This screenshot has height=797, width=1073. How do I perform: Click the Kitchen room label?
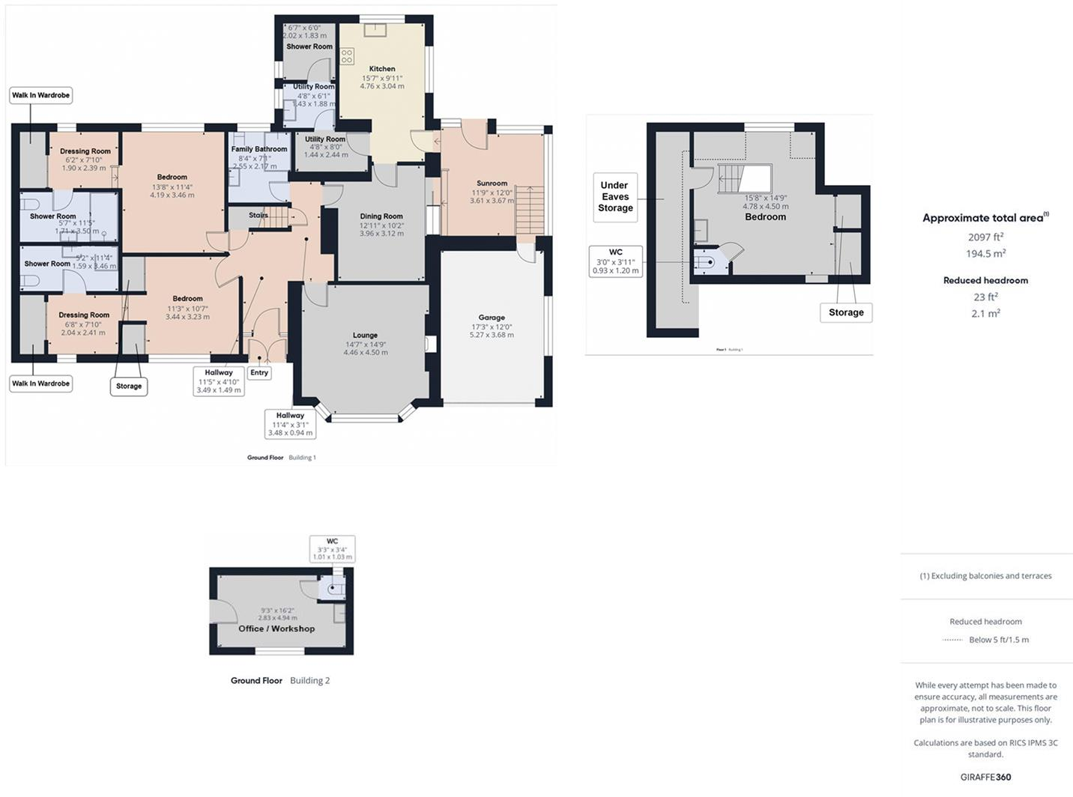tap(382, 69)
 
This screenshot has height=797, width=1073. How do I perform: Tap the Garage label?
tap(492, 318)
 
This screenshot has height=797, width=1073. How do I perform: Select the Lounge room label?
tap(366, 336)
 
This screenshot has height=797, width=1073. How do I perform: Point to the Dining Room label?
tap(381, 216)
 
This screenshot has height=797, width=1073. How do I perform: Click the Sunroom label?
tap(492, 184)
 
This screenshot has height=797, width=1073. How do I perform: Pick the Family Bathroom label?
tap(259, 149)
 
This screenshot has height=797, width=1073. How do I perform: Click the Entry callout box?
tap(259, 372)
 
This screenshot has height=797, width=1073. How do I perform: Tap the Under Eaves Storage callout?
tap(615, 197)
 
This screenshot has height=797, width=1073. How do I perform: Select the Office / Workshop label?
tap(276, 628)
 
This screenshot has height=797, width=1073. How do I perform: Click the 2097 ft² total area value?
tap(985, 237)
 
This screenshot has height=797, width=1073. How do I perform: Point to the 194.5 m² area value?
tap(985, 254)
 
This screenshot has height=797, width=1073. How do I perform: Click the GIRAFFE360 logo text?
tap(985, 777)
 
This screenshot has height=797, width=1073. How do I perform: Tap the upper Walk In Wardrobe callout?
tap(40, 95)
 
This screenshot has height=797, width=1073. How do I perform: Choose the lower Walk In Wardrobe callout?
tap(40, 384)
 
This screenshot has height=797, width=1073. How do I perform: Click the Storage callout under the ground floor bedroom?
tap(129, 387)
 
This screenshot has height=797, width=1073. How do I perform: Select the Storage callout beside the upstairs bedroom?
tap(846, 312)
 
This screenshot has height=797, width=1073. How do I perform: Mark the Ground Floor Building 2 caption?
tap(279, 681)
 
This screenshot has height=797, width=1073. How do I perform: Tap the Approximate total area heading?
tap(984, 218)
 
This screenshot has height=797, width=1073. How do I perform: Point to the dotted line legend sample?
tap(952, 640)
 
